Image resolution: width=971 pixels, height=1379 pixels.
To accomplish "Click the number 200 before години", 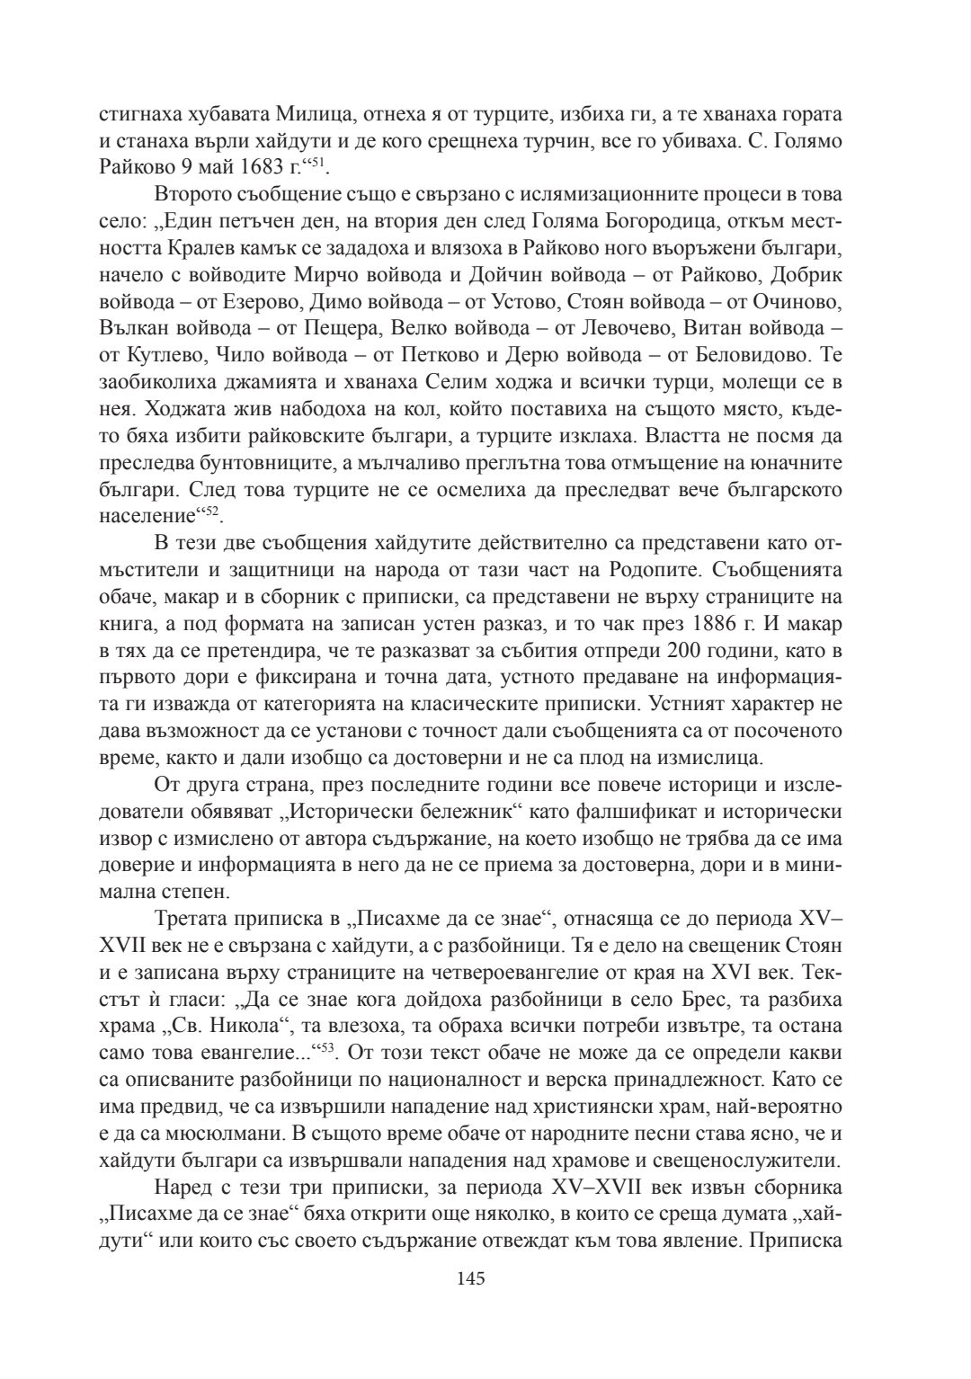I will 649,649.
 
